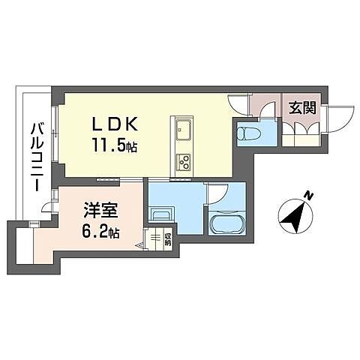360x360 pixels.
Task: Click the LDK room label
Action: [115, 124]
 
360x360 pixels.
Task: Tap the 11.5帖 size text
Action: [115, 145]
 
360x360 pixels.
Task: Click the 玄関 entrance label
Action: [302, 107]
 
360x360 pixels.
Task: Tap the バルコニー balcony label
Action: [37, 157]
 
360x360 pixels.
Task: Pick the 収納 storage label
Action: [168, 239]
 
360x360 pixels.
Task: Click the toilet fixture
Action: [248, 133]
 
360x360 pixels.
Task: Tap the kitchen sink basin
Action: [183, 130]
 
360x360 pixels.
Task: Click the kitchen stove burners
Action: [183, 162]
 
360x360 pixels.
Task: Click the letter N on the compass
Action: [310, 196]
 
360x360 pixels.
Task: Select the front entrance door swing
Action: [340, 118]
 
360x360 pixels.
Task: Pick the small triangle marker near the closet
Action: [139, 246]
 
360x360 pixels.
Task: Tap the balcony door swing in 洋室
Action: [47, 207]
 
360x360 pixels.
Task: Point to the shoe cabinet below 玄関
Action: [301, 140]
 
